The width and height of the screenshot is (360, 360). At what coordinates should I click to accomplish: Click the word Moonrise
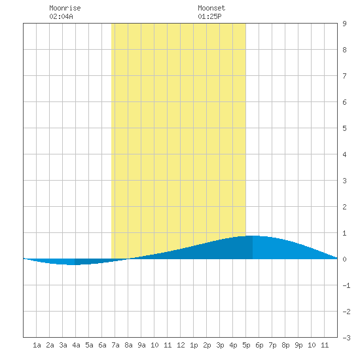[65, 8]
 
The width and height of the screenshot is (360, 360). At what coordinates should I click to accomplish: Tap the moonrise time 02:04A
[61, 16]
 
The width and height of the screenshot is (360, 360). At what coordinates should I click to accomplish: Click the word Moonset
[211, 8]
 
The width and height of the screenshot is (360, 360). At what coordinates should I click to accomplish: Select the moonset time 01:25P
[209, 16]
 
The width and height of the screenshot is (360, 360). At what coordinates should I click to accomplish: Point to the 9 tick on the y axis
[344, 24]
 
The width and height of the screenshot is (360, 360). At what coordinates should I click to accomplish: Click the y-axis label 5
[344, 128]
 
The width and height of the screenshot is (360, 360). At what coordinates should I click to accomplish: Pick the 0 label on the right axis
[344, 259]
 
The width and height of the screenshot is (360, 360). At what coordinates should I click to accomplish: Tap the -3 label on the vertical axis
[346, 338]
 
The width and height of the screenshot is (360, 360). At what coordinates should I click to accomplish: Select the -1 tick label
[346, 285]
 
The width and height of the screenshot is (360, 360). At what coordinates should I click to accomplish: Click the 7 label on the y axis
[344, 76]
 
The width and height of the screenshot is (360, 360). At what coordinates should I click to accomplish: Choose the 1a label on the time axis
[37, 345]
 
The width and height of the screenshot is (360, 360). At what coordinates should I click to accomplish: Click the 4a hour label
[76, 345]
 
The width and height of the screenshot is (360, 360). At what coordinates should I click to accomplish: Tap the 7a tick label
[115, 345]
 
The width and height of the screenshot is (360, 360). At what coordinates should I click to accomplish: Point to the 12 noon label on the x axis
[181, 345]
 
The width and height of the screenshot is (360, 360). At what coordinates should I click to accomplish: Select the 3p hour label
[220, 345]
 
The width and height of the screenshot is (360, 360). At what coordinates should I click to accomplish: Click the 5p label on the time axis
[246, 345]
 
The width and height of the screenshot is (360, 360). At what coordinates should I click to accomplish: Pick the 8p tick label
[285, 345]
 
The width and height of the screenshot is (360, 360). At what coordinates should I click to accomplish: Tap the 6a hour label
[102, 345]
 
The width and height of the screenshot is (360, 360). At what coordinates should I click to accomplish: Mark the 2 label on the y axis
[344, 207]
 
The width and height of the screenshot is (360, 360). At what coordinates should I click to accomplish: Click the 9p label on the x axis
[298, 345]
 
